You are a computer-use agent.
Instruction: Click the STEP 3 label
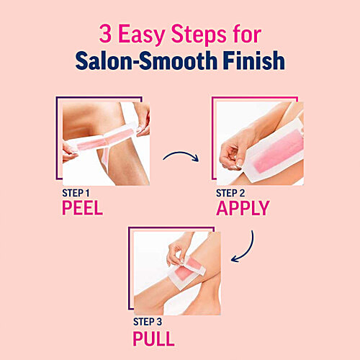(150, 321)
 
